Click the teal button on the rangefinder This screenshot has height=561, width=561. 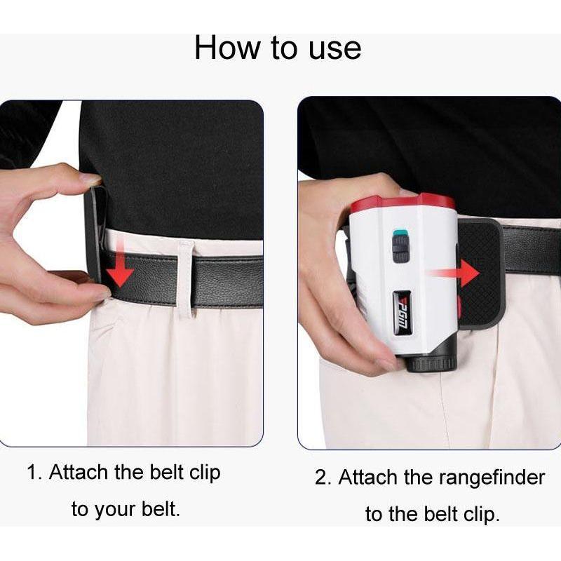(400, 234)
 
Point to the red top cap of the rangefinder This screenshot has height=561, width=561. (403, 203)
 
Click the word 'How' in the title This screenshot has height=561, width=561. (227, 48)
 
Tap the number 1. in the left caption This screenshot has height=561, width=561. (34, 472)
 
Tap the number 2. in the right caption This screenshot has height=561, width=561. (323, 478)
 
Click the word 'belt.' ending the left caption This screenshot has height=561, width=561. (161, 508)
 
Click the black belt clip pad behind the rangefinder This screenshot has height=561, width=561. (479, 272)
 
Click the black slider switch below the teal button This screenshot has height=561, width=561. (400, 249)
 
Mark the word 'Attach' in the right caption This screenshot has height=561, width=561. (368, 478)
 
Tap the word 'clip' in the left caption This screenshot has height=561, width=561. (205, 473)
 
